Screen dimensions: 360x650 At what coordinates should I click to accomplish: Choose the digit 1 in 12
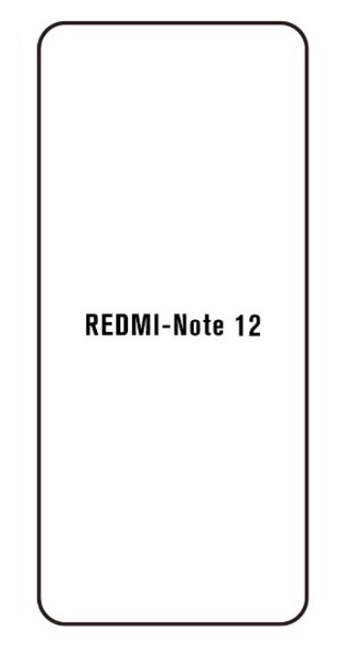click(x=236, y=327)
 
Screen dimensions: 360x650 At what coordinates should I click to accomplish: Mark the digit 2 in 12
click(x=251, y=327)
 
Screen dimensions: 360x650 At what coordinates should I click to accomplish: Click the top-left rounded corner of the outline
click(x=45, y=31)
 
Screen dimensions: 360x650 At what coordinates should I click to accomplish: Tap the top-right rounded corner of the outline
click(x=301, y=31)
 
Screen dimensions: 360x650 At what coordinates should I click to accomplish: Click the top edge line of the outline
click(x=173, y=23)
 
